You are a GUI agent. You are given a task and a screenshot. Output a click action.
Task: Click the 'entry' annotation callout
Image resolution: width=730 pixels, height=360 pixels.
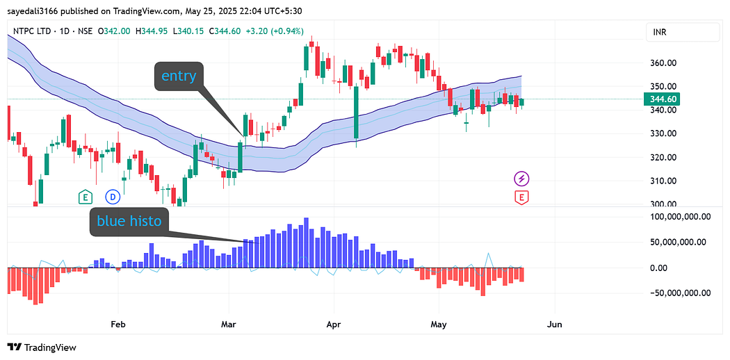coord(179,76)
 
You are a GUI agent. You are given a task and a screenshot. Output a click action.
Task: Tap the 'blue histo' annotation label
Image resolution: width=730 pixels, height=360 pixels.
coord(129,222)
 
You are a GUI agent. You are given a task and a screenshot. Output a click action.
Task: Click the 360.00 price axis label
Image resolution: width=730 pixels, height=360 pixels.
coord(664,63)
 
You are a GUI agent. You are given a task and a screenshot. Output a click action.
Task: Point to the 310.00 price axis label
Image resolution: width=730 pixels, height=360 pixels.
coord(664,181)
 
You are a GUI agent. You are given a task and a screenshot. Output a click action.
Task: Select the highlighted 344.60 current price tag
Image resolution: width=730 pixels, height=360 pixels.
coord(664,99)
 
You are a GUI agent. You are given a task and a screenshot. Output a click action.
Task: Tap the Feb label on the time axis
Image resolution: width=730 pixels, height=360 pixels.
coord(118,324)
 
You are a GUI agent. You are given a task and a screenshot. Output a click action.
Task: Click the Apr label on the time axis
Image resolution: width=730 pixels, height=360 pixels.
coord(334,324)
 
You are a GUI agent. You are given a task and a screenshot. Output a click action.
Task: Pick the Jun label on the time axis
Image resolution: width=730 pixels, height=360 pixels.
coord(554,324)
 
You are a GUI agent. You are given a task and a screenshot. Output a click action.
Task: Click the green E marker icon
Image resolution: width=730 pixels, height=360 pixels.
coord(86,197)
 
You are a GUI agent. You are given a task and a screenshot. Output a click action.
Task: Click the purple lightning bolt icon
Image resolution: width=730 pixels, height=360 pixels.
coord(521,179)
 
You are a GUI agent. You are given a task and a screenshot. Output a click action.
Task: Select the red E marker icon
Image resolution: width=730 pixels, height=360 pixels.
coord(521,197)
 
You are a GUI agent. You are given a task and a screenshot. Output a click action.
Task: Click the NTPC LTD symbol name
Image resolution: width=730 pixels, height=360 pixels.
coord(35,31)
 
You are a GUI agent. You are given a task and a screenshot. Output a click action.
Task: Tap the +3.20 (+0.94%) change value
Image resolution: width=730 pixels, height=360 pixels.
coord(275,31)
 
